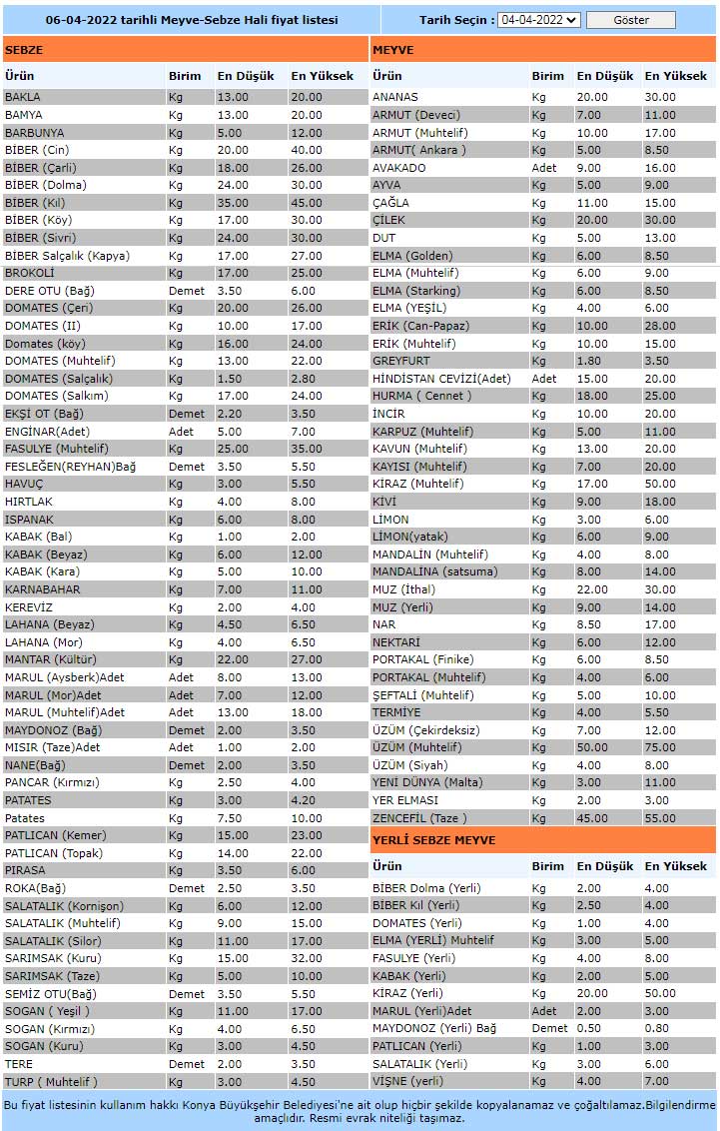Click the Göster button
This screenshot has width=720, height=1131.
[630, 20]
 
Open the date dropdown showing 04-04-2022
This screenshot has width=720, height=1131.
[539, 20]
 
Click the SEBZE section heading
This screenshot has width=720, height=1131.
[23, 49]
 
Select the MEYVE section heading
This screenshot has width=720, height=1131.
[392, 49]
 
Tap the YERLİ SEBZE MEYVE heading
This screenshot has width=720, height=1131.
[433, 840]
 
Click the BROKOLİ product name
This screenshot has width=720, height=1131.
[29, 273]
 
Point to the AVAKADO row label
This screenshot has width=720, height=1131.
[398, 168]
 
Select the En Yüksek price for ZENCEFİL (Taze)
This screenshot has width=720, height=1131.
[660, 817]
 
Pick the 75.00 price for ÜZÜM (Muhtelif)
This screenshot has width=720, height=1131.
[660, 747]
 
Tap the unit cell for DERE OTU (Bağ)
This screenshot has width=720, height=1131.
[186, 291]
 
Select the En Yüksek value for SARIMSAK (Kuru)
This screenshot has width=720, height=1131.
[306, 958]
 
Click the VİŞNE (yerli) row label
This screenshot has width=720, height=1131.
[407, 1080]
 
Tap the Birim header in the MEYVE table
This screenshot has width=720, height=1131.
[547, 76]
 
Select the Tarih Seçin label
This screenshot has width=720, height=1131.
[456, 20]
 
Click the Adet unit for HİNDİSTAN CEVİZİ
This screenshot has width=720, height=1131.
[544, 379]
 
